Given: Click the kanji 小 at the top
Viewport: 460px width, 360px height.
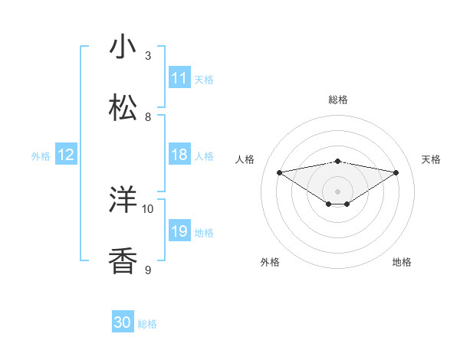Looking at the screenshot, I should (123, 47).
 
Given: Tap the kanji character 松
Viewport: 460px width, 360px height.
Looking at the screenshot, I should (123, 108).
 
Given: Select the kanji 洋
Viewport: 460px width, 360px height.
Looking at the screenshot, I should (123, 200).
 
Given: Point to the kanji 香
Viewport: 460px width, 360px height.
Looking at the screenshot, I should (123, 261).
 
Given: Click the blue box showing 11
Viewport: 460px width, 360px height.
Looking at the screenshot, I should (179, 78).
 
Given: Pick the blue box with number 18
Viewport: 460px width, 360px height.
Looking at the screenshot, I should (179, 155).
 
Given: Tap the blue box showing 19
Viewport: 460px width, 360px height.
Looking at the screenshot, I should (179, 231).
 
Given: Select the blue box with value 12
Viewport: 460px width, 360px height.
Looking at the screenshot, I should (66, 155).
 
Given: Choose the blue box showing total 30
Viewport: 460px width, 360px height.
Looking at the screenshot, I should (123, 322).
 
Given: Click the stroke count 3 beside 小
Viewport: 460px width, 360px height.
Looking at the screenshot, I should (148, 56).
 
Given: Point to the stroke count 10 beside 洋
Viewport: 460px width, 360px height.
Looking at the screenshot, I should (148, 208).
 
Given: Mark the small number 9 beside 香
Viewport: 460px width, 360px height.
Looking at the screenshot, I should (148, 270).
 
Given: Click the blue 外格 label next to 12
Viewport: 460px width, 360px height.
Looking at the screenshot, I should (41, 156).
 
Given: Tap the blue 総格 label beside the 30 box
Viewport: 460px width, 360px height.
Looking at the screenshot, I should (147, 324).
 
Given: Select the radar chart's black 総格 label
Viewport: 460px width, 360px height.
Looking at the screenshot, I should (338, 100).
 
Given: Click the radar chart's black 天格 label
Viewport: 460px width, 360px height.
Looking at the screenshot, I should (432, 159).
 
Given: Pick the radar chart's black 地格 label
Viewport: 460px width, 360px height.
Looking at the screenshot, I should (402, 262).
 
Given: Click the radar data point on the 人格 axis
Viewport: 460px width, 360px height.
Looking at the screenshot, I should (280, 172).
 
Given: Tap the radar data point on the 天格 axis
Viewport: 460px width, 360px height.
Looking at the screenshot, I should (396, 172).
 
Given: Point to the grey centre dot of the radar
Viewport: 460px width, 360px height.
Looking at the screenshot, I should (338, 191).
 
